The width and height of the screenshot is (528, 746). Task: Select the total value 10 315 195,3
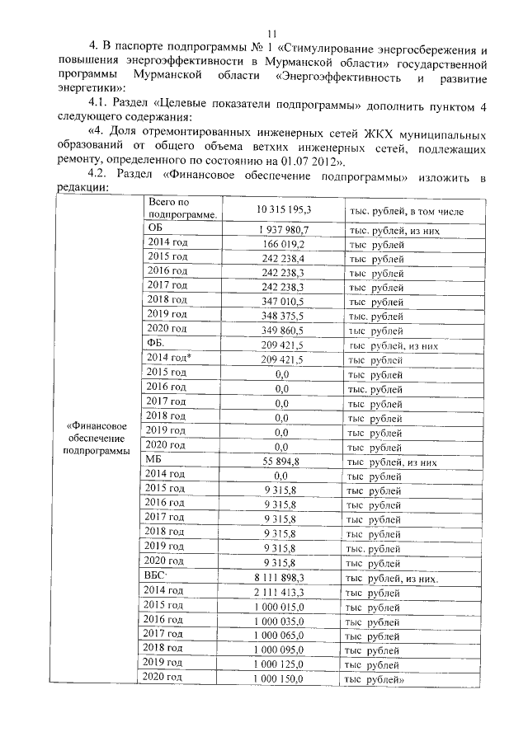[x=282, y=211]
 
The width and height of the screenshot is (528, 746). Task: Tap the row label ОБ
[x=154, y=230]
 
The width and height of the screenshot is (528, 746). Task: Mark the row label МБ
[x=154, y=460]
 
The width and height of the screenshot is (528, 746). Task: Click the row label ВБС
[x=157, y=575]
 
